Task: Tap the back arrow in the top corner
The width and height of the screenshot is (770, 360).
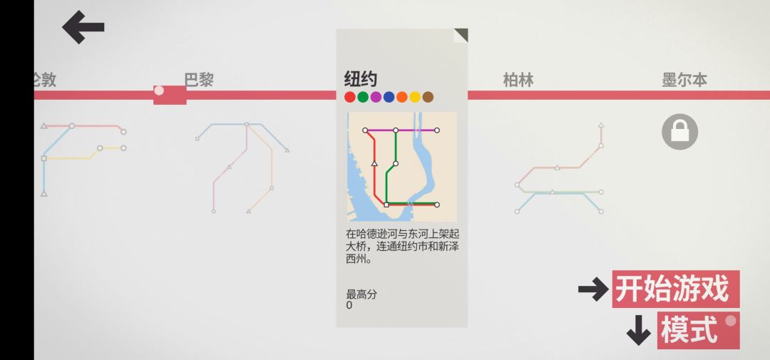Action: [83, 27]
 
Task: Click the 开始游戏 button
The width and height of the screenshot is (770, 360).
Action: [675, 289]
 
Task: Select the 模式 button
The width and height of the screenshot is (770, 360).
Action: [698, 330]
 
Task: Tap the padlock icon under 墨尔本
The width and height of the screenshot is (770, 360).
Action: [679, 132]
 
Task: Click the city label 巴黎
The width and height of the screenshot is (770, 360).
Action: [199, 80]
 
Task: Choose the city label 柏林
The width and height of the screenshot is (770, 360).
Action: [518, 80]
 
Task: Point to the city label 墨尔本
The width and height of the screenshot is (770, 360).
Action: [684, 80]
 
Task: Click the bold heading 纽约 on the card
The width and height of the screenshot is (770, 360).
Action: [361, 79]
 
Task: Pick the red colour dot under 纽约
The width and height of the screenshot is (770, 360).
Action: [349, 97]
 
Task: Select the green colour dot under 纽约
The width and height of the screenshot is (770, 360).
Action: [363, 97]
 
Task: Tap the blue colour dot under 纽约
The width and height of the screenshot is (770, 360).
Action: [389, 97]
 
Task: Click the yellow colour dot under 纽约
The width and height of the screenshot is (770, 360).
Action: [415, 97]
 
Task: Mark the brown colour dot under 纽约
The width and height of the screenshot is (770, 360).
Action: [428, 97]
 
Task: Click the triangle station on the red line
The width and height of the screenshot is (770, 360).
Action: [375, 163]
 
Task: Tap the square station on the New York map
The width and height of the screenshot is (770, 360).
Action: [386, 205]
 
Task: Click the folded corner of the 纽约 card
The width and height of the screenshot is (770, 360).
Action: [461, 36]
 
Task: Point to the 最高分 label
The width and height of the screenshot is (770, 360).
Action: [362, 294]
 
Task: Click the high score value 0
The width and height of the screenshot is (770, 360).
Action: [349, 306]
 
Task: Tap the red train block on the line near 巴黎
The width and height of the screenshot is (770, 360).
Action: [170, 95]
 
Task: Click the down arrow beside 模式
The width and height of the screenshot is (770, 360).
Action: [638, 330]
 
